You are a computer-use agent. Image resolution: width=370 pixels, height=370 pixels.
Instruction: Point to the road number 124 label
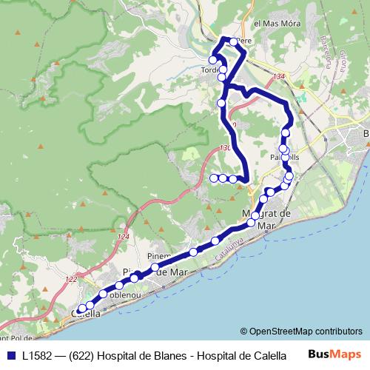(x=123, y=236)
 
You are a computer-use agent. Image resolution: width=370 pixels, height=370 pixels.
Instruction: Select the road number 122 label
(x=70, y=279)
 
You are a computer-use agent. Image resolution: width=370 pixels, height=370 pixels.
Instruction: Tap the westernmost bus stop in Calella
(x=81, y=310)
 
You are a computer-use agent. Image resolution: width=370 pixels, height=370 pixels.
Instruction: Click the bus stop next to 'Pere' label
(x=233, y=41)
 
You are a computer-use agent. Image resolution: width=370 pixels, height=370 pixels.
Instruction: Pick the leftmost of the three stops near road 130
(x=213, y=178)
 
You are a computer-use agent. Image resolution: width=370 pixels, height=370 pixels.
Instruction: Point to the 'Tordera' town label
(x=211, y=71)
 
